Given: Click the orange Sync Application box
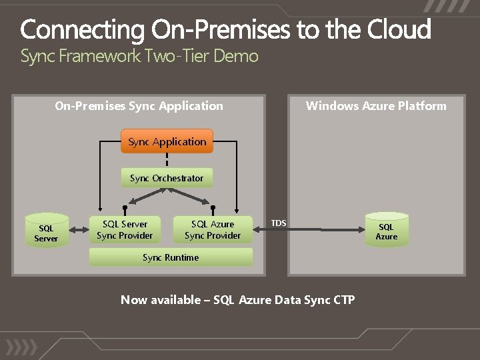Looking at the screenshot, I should [167, 141].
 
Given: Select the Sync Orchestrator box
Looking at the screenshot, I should [167, 178].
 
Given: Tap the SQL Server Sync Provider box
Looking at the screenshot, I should [125, 229].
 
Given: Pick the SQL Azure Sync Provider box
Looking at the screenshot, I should [213, 229].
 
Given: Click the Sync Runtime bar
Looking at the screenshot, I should [171, 257].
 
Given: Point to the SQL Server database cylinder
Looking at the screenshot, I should [46, 229].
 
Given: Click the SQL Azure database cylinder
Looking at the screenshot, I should [386, 231].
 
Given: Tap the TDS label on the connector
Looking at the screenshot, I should [279, 223].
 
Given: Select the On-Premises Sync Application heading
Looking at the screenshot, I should [139, 105].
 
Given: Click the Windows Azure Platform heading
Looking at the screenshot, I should [376, 105].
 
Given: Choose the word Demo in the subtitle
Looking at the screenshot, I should [235, 56].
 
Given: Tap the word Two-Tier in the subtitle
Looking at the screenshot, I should [176, 56].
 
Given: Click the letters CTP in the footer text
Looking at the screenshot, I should [343, 299].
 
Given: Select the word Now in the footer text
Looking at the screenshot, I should [133, 299].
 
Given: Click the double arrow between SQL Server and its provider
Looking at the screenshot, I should [79, 230].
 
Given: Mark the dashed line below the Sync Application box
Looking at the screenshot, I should [167, 161].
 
